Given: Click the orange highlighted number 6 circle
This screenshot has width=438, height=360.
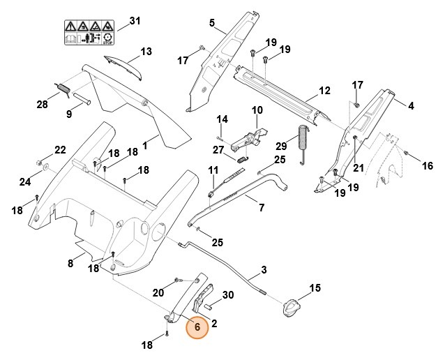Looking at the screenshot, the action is pyautogui.click(x=197, y=327).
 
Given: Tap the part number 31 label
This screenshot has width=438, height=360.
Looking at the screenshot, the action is pyautogui.click(x=135, y=21).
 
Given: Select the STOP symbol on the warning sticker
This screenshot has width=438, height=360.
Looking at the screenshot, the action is pyautogui.click(x=107, y=38).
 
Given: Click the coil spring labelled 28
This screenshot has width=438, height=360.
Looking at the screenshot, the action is pyautogui.click(x=64, y=89).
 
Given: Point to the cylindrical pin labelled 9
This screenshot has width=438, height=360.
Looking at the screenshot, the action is pyautogui.click(x=82, y=99).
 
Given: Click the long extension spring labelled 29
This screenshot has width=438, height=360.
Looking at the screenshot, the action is pyautogui.click(x=303, y=144).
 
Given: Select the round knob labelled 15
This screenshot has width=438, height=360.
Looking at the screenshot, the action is pyautogui.click(x=292, y=308).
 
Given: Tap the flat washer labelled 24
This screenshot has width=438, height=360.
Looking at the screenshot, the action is pyautogui.click(x=45, y=167).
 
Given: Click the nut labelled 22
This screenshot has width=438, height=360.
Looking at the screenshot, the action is pyautogui.click(x=39, y=162).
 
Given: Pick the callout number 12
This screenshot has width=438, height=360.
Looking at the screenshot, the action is pyautogui.click(x=324, y=91).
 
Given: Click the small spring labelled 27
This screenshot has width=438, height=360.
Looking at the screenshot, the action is pyautogui.click(x=242, y=160).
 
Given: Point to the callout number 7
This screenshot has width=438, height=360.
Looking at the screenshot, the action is pyautogui.click(x=262, y=208).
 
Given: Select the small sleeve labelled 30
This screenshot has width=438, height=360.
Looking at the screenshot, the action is pyautogui.click(x=209, y=306).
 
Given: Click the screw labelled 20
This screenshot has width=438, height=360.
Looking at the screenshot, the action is pyautogui.click(x=178, y=280).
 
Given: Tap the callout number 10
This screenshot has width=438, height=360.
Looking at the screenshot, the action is pyautogui.click(x=257, y=110).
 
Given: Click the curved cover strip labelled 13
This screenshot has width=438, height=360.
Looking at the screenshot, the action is pyautogui.click(x=123, y=67).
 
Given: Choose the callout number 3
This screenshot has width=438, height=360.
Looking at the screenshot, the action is pyautogui.click(x=264, y=270).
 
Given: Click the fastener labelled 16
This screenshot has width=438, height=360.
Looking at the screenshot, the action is pyautogui.click(x=407, y=153).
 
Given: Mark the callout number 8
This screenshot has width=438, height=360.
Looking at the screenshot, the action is pyautogui.click(x=70, y=263).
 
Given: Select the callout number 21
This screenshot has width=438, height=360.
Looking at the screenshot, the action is pyautogui.click(x=358, y=167).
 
